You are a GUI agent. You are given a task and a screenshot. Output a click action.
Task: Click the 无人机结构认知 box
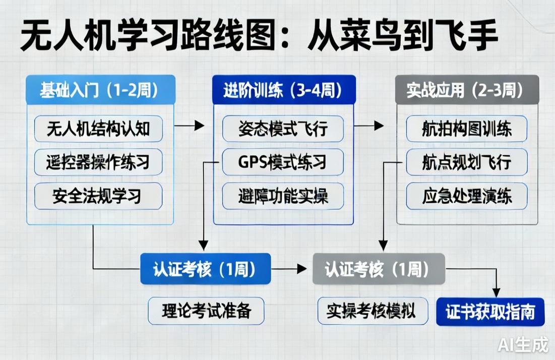(98, 129)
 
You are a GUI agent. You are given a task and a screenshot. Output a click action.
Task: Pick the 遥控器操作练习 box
(98, 162)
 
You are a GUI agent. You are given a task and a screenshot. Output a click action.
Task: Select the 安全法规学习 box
(98, 196)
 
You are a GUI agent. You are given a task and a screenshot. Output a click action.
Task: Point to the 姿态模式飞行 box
(283, 129)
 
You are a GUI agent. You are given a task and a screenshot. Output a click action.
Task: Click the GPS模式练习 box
(283, 162)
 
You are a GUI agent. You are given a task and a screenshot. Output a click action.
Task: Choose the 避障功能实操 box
(283, 196)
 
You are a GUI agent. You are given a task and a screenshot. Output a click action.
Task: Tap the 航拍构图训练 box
(466, 129)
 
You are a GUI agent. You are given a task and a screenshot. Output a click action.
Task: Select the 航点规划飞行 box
(466, 162)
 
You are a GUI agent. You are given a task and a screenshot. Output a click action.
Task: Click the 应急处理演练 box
(466, 196)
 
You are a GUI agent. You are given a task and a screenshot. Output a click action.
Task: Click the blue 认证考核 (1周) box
(205, 269)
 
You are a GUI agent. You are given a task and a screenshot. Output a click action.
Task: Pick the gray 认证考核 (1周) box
(378, 269)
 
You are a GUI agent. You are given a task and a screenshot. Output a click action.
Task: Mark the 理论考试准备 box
(206, 311)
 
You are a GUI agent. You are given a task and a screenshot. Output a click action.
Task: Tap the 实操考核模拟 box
(373, 311)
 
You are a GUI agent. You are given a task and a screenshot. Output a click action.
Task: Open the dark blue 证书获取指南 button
(490, 312)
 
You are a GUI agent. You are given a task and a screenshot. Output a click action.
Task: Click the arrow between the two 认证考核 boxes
(291, 269)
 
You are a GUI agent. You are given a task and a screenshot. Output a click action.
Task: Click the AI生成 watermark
(523, 344)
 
